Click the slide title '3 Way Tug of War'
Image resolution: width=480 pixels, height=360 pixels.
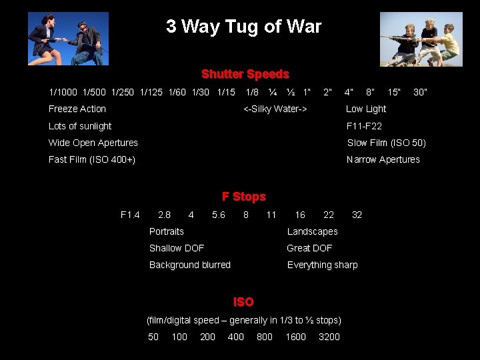pyautogui.click(x=243, y=27)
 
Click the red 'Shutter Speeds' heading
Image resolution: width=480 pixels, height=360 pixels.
pyautogui.click(x=245, y=74)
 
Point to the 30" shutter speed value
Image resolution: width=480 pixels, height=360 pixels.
pyautogui.click(x=420, y=91)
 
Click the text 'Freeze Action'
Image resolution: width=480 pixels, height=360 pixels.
pyautogui.click(x=77, y=109)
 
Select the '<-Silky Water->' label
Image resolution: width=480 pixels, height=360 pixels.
pyautogui.click(x=275, y=109)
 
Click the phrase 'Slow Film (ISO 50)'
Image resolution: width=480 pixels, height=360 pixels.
pyautogui.click(x=386, y=143)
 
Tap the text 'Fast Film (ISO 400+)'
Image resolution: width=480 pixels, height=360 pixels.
pyautogui.click(x=92, y=159)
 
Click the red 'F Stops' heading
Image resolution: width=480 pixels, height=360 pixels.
pyautogui.click(x=243, y=197)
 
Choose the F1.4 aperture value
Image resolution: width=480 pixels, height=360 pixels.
pyautogui.click(x=130, y=215)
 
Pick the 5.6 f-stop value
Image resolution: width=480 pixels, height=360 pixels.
pyautogui.click(x=219, y=215)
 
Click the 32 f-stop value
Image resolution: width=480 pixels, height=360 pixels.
pyautogui.click(x=357, y=215)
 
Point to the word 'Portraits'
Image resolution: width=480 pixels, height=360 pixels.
pyautogui.click(x=167, y=231)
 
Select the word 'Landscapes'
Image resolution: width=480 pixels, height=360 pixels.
pyautogui.click(x=312, y=231)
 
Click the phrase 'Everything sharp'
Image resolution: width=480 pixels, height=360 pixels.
pyautogui.click(x=322, y=265)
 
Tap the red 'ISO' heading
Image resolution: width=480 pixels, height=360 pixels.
pyautogui.click(x=243, y=302)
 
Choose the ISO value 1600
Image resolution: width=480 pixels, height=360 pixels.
pyautogui.click(x=295, y=337)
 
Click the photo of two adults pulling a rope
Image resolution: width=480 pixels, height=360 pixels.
pyautogui.click(x=68, y=39)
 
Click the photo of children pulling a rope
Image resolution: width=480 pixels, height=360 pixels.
pyautogui.click(x=421, y=39)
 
